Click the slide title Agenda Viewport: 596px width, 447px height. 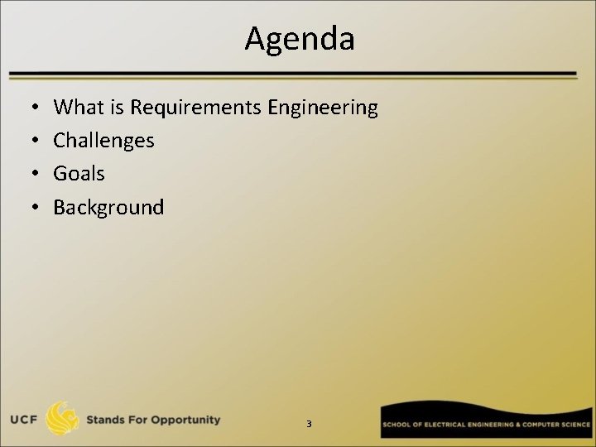(299, 39)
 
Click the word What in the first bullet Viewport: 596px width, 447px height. (78, 108)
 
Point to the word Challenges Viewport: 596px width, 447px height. (103, 141)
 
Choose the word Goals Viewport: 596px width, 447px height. (79, 174)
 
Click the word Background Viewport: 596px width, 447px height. (108, 207)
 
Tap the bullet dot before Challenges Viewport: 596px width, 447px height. (29, 142)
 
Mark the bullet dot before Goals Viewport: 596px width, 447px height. (29, 175)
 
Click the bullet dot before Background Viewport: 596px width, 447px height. (29, 208)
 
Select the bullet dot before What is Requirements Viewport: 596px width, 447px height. (29, 108)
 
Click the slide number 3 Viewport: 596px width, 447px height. (309, 424)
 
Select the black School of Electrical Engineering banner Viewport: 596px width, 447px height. (486, 423)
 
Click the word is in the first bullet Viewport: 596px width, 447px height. (117, 108)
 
